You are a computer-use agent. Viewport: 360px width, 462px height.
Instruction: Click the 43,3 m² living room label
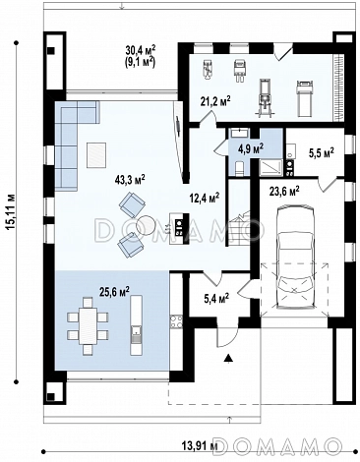[130, 181]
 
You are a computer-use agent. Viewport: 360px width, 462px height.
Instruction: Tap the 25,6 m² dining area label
[114, 291]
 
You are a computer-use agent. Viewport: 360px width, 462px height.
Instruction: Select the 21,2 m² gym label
[215, 101]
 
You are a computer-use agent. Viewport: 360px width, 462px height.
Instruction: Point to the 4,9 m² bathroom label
[251, 149]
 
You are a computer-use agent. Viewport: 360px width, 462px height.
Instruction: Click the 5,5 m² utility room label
[322, 152]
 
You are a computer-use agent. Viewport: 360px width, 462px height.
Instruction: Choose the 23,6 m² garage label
[284, 191]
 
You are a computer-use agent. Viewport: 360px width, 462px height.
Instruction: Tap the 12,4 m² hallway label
[205, 199]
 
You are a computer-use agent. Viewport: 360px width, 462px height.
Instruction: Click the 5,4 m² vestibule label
[216, 299]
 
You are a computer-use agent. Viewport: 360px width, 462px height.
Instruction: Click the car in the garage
[294, 257]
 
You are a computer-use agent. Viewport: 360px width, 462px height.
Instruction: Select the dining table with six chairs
[88, 325]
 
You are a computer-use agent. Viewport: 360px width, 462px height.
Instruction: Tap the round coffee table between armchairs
[146, 225]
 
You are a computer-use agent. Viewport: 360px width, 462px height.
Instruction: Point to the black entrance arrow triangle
[228, 358]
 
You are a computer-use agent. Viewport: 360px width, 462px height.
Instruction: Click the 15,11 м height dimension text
[10, 211]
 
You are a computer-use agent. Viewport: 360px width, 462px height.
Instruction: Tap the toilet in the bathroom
[240, 168]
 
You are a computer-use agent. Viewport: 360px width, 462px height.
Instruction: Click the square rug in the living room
[96, 155]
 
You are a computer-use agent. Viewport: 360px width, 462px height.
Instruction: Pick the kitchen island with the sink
[137, 325]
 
